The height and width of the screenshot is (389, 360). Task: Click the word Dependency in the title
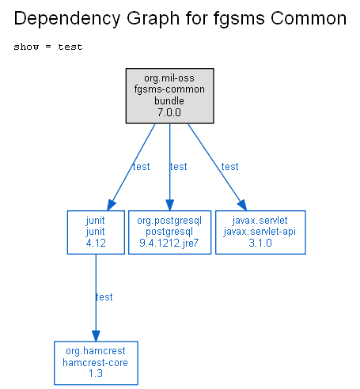coord(67,19)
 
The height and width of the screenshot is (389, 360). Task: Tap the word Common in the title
coord(309,18)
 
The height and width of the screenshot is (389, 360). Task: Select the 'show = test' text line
coord(48,47)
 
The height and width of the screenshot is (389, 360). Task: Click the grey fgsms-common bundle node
coord(169,96)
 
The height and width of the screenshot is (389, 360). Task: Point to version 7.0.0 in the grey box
coord(169,112)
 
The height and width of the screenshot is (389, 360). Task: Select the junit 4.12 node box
coord(96,232)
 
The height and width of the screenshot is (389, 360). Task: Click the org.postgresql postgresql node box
coord(169,232)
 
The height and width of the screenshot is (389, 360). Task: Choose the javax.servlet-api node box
coord(260,232)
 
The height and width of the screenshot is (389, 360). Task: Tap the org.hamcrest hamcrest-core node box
coord(96,363)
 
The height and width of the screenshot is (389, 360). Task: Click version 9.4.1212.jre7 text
coord(169,243)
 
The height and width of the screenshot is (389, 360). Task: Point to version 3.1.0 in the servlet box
coord(260,243)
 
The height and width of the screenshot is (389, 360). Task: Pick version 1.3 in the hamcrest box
coord(96,373)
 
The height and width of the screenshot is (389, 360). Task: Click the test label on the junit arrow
coord(142,167)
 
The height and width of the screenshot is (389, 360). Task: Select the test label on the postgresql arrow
coord(179,167)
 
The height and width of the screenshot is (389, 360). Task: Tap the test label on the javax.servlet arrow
coord(230,167)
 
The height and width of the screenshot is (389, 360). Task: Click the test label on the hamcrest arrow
coord(104,297)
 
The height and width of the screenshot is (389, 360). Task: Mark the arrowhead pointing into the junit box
coord(111,205)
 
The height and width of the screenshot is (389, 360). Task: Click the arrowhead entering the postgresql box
coord(170,205)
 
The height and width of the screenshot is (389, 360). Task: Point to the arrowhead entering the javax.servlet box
coord(243,205)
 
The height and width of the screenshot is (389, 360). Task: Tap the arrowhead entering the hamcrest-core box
coord(96,336)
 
